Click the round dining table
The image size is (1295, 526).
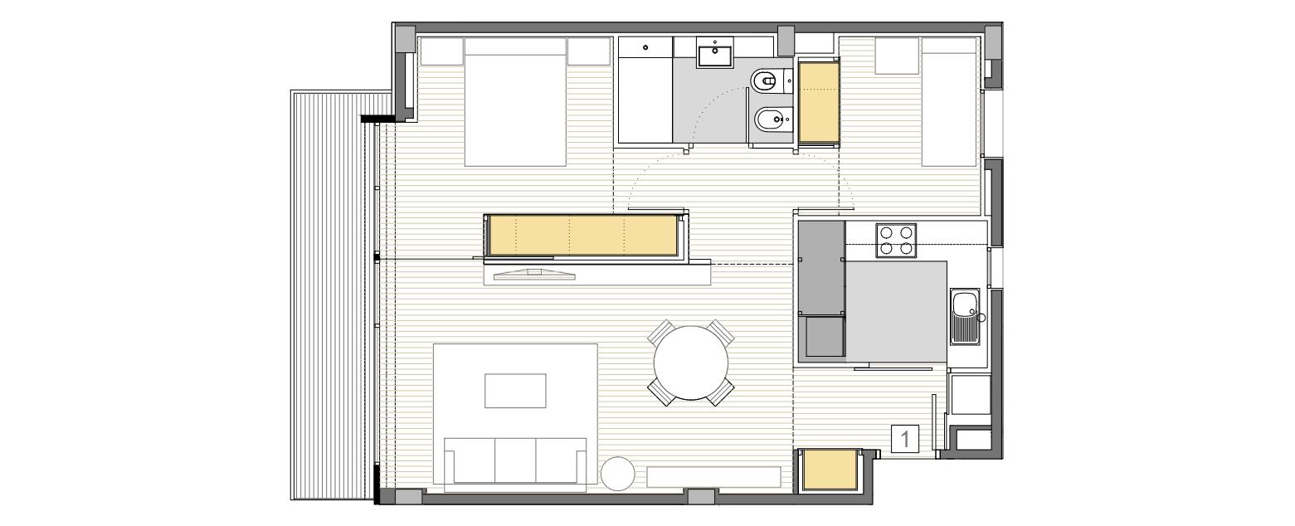point(691,363)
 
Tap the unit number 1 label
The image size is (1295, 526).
point(905,439)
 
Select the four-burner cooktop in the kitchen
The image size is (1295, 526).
point(895,241)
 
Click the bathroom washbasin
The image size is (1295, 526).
point(716,53)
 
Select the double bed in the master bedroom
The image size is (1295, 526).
point(515,102)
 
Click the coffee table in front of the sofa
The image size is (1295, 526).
point(515,391)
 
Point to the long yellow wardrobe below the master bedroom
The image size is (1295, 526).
point(584,236)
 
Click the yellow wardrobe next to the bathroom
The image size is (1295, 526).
point(819,102)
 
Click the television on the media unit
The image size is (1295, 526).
point(535,275)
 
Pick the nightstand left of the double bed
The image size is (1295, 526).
point(441,51)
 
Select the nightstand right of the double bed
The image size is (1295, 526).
point(589,51)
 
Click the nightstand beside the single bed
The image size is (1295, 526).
point(898,56)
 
